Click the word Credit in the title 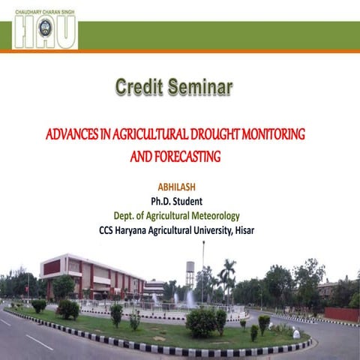tap(140, 87)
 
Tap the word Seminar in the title tap(201, 87)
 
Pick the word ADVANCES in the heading tap(73, 136)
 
